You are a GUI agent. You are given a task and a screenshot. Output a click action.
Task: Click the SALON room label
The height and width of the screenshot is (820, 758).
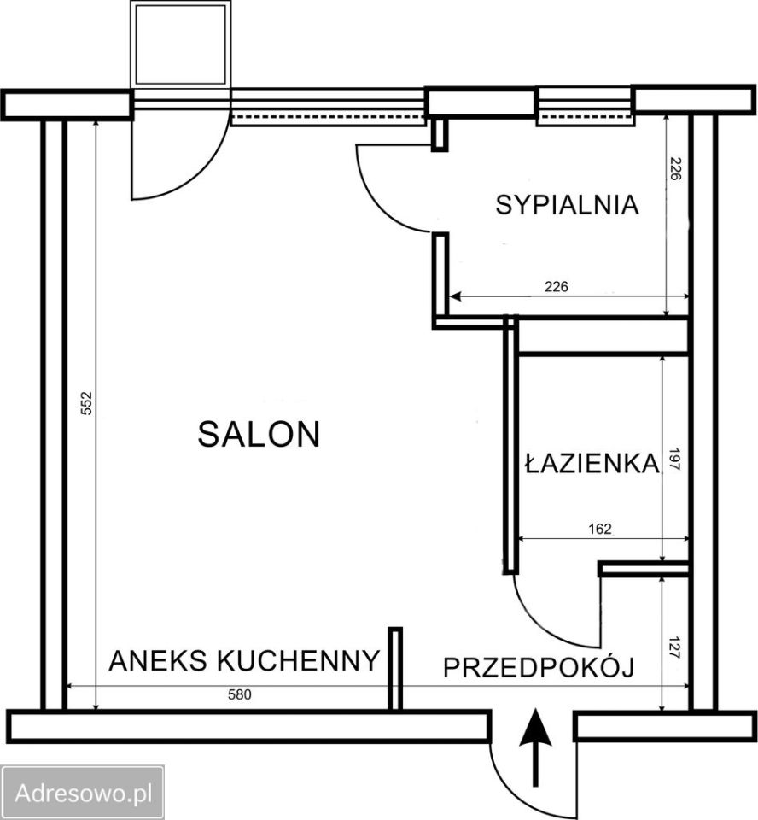259,434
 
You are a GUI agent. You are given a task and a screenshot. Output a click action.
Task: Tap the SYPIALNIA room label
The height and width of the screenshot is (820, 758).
568,205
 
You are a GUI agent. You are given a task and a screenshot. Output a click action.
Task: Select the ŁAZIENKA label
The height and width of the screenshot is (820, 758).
592,464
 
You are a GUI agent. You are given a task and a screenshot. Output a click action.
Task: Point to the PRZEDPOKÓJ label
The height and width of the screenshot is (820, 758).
539,668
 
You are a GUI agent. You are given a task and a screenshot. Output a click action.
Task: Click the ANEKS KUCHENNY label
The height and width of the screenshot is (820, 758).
244,660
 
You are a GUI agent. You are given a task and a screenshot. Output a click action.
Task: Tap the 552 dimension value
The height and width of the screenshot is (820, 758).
86,403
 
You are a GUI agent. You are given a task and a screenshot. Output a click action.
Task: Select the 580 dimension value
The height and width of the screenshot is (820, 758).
240,695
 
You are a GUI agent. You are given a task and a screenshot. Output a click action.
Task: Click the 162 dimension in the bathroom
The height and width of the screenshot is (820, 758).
600,529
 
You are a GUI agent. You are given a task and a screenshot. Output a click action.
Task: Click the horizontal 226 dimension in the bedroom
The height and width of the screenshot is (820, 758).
556,286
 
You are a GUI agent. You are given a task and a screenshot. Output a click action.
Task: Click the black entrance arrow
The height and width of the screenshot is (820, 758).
535,746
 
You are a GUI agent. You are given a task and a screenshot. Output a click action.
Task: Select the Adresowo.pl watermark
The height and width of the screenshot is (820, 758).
83,793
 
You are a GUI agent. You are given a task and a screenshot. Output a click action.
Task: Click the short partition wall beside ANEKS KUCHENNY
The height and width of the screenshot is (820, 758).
395,669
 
